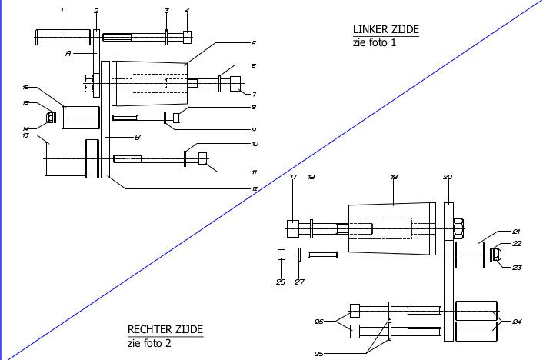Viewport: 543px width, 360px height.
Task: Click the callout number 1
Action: [x=62, y=10]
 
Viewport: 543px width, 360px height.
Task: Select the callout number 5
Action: [x=253, y=43]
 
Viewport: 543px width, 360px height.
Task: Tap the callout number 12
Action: [x=255, y=188]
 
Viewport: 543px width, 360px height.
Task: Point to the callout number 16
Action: [x=25, y=88]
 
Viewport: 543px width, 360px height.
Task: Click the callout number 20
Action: [x=448, y=177]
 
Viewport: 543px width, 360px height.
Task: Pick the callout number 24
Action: [x=517, y=321]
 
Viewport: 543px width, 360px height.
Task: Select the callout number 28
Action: [x=280, y=282]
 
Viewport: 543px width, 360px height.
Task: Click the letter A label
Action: [x=68, y=54]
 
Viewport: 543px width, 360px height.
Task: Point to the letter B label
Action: [x=138, y=138]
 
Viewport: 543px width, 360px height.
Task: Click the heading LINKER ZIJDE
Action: [x=385, y=29]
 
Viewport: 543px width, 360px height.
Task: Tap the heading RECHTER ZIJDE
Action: [x=165, y=331]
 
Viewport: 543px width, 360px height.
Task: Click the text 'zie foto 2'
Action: [x=150, y=343]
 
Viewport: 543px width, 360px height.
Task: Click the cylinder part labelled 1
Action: [x=62, y=36]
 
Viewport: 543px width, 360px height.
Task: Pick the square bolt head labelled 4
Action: [x=188, y=36]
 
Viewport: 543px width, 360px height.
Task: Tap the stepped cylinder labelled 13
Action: [x=69, y=158]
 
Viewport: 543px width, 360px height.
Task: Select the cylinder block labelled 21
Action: [x=471, y=255]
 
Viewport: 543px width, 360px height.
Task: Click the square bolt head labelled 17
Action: [x=293, y=228]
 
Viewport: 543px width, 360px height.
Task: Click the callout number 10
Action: [x=255, y=144]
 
